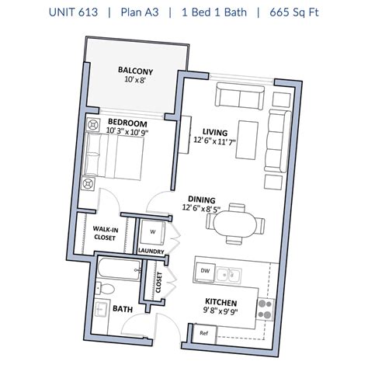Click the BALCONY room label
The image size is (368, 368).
tap(135, 71)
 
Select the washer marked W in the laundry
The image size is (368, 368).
tap(152, 232)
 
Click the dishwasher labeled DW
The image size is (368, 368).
tap(205, 272)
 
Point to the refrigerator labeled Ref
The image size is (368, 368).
tap(204, 333)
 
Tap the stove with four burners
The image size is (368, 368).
tap(265, 309)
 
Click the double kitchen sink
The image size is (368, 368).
tap(229, 275)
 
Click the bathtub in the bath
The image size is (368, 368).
tap(120, 269)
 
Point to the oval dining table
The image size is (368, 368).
tap(234, 224)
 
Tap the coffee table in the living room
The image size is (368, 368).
tap(247, 140)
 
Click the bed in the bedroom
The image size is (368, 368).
tap(113, 156)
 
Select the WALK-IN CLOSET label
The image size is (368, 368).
tap(105, 233)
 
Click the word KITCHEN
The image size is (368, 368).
tap(220, 302)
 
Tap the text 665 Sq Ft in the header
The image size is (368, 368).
tap(294, 12)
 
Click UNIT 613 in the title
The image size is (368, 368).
tap(74, 12)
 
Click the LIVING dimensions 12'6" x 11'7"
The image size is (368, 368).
tap(214, 141)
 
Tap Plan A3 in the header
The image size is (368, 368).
tap(140, 12)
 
